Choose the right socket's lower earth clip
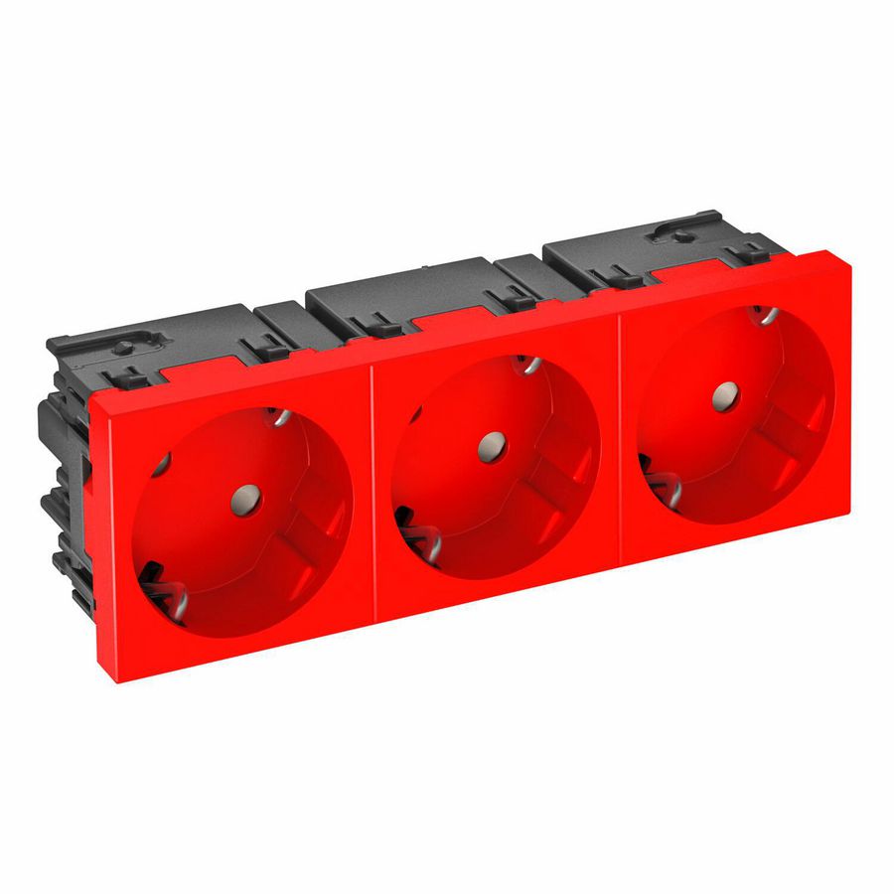pyautogui.click(x=655, y=476)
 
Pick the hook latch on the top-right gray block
pyautogui.click(x=681, y=235)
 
